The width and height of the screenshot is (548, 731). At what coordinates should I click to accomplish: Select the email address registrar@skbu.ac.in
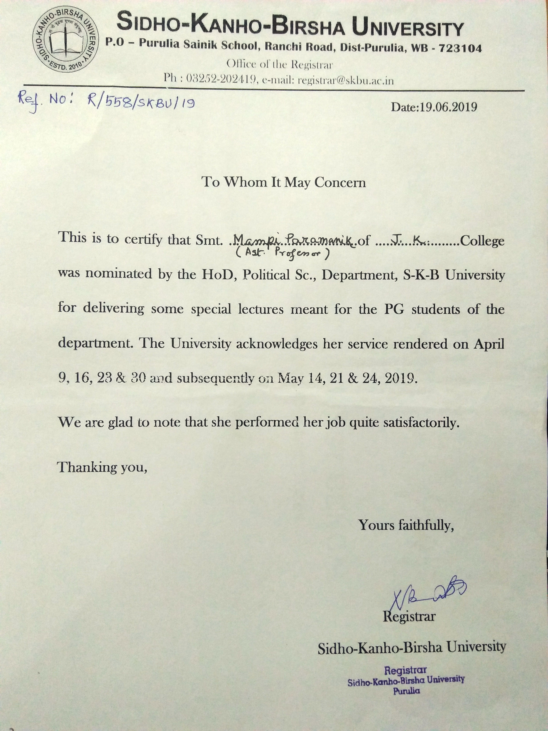345,81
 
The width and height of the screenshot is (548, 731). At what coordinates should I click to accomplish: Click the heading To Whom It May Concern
284,182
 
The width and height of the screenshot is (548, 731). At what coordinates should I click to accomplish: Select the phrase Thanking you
102,467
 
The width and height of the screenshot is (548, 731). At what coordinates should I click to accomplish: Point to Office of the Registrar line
279,64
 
